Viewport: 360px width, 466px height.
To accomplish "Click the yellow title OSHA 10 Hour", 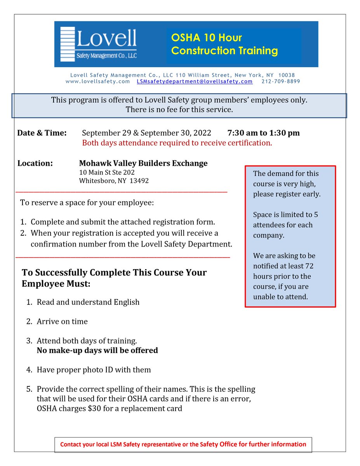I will pyautogui.click(x=207, y=38).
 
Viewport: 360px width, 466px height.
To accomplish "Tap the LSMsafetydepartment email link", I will pyautogui.click(x=195, y=82).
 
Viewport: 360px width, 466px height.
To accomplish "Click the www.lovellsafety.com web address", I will pyautogui.click(x=97, y=82).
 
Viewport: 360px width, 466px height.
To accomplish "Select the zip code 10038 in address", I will pyautogui.click(x=287, y=75).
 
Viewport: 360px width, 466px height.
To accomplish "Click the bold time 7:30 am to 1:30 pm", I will pyautogui.click(x=263, y=133).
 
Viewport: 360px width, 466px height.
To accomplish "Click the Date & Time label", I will pyautogui.click(x=42, y=133).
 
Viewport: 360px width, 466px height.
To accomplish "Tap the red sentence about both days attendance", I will pyautogui.click(x=177, y=143).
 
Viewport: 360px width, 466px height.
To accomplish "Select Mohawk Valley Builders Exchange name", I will pyautogui.click(x=143, y=163).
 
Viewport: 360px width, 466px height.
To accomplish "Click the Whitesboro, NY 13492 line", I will pyautogui.click(x=114, y=181).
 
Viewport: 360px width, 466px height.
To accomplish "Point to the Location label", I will pyautogui.click(x=35, y=163).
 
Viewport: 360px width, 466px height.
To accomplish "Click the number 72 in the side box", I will pyautogui.click(x=309, y=266).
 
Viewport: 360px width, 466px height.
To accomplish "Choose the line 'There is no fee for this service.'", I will pyautogui.click(x=179, y=110).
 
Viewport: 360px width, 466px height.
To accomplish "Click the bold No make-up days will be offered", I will pyautogui.click(x=97, y=350).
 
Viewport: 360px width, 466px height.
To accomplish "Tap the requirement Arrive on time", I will pyautogui.click(x=62, y=322).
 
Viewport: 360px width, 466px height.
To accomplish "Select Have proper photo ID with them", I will pyautogui.click(x=94, y=370).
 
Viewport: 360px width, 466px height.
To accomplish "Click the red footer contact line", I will pyautogui.click(x=183, y=444).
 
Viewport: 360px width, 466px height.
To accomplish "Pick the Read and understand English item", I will pyautogui.click(x=88, y=302).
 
